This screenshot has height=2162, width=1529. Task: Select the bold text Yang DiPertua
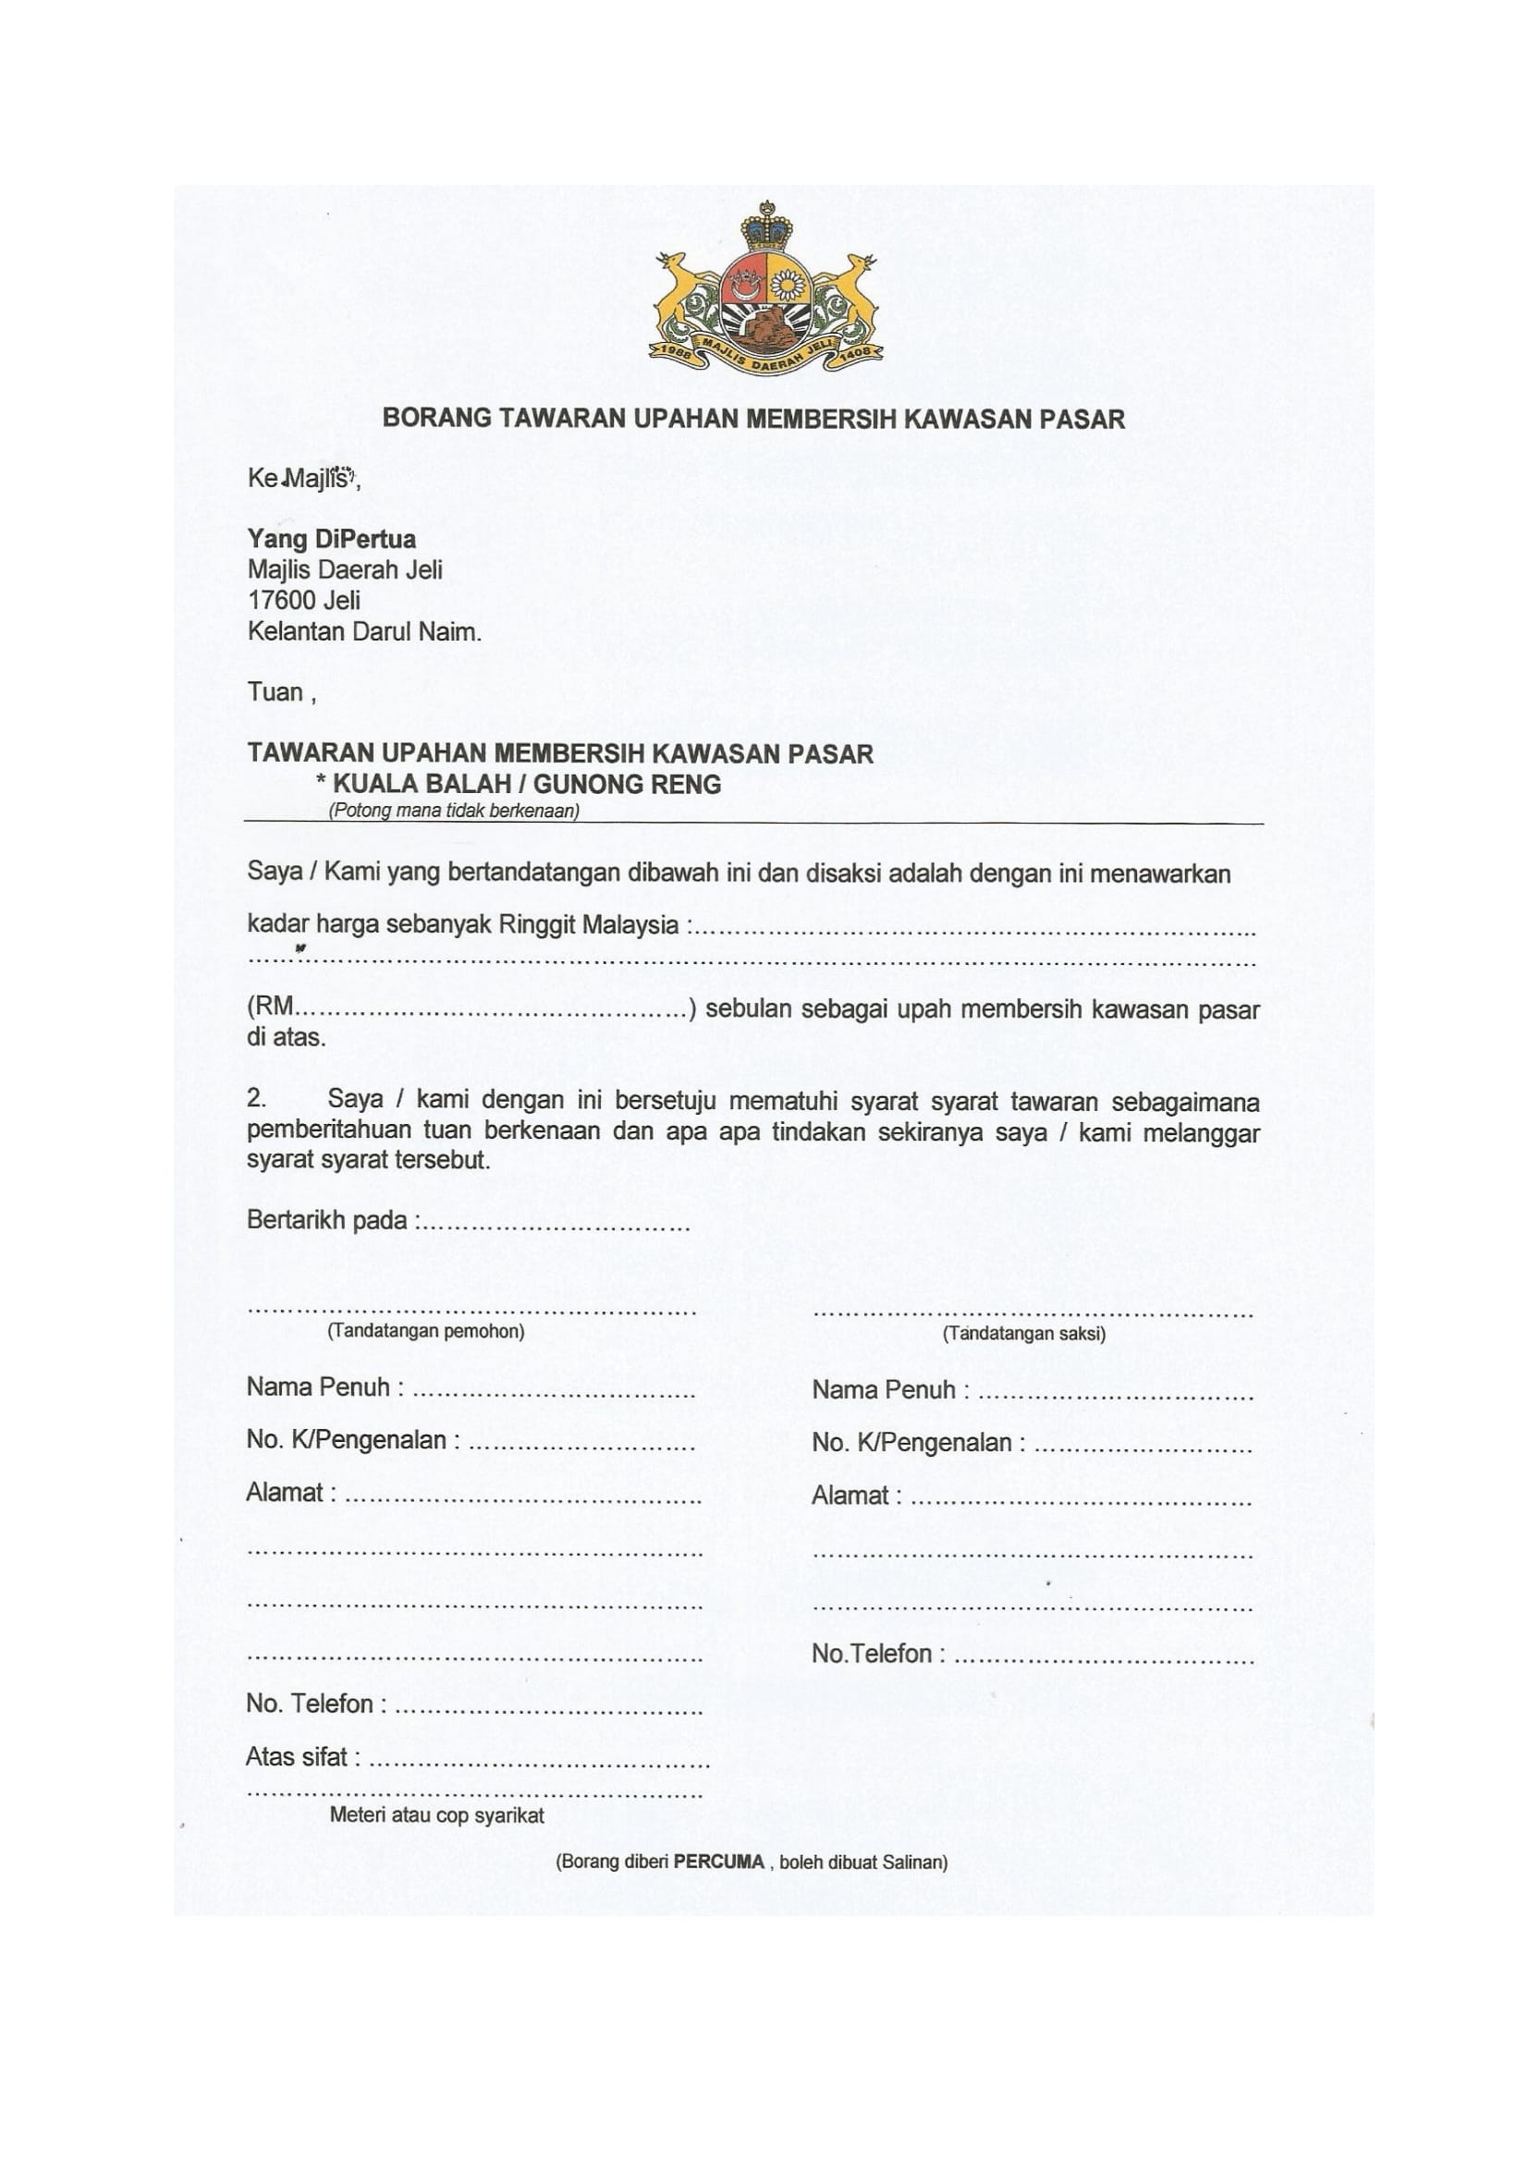pos(332,540)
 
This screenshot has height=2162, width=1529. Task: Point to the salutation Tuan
pos(275,693)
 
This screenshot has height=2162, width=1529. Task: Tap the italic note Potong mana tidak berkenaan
pos(454,811)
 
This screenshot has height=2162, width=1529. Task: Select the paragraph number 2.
pos(256,1099)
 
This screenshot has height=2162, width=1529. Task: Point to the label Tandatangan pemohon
pos(425,1331)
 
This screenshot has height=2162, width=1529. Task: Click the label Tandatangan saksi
pos(1023,1334)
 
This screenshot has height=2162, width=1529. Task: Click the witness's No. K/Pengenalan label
pos(918,1443)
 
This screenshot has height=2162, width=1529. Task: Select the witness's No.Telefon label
pos(877,1654)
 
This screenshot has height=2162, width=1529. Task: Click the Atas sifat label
pos(302,1757)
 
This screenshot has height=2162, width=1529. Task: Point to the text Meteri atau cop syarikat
pos(437,1815)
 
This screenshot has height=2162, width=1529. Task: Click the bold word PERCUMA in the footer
pos(718,1862)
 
